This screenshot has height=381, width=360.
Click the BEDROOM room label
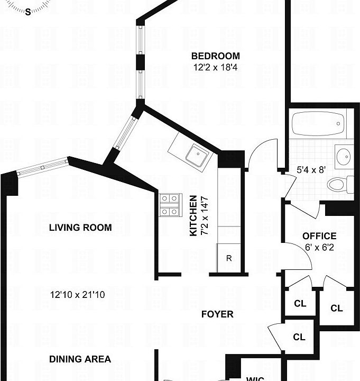coord(215,56)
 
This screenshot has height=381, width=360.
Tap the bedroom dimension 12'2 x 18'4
coord(215,67)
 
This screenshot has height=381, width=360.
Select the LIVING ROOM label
coord(80,228)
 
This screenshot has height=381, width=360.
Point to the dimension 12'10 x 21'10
coord(78,295)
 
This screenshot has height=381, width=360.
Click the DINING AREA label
coord(80,359)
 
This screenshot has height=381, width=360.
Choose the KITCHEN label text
coord(193,215)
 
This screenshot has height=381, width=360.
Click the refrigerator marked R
coord(229,259)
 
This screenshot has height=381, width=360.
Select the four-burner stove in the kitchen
coord(169,205)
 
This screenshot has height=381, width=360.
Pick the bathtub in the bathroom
coord(318,124)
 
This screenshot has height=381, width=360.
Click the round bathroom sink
coord(343,157)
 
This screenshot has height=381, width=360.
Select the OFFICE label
coord(319,236)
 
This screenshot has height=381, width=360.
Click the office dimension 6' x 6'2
coord(319,247)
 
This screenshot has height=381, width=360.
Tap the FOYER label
coord(217,314)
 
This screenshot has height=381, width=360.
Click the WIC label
coord(256,378)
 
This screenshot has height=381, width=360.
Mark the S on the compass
coord(28,12)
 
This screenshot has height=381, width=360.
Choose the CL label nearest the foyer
coord(299,337)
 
